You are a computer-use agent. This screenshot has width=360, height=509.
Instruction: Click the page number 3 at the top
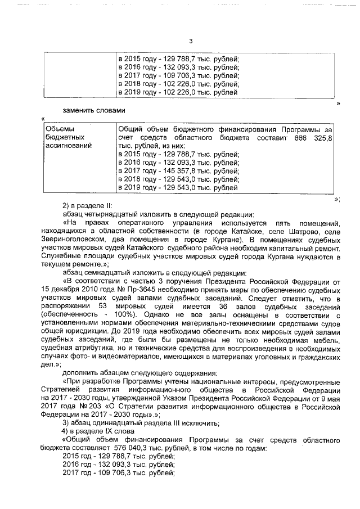(191, 41)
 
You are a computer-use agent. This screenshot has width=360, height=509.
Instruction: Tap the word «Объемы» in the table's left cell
(58, 128)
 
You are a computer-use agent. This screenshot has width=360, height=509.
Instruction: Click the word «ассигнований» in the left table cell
(67, 145)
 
